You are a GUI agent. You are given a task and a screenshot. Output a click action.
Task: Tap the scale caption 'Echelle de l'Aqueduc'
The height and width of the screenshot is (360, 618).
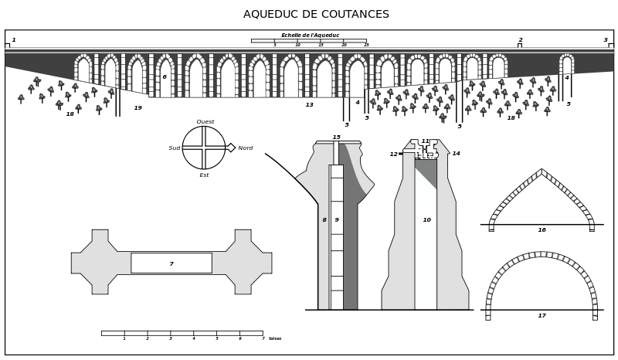(x=310, y=36)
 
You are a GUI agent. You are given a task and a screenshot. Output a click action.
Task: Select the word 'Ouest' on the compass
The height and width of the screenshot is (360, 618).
(x=205, y=122)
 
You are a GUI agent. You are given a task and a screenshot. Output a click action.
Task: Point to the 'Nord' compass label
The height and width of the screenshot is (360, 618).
(x=246, y=148)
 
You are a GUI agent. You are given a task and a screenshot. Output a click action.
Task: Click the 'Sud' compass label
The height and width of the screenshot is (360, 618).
(x=175, y=148)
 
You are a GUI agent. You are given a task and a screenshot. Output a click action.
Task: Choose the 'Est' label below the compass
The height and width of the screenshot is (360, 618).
(x=204, y=175)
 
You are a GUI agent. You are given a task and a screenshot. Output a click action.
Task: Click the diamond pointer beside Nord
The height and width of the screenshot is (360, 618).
(x=230, y=148)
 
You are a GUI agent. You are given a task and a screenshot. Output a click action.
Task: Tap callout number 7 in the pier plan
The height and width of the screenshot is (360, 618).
(x=171, y=264)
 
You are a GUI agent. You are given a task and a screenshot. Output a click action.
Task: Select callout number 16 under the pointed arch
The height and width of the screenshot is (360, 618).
(x=542, y=230)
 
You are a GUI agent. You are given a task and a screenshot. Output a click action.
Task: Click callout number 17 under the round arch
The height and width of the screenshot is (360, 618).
(x=542, y=316)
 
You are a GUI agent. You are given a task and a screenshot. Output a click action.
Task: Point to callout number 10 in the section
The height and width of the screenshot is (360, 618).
(x=426, y=220)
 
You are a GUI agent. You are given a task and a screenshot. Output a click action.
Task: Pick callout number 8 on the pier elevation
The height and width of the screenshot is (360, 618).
(x=324, y=220)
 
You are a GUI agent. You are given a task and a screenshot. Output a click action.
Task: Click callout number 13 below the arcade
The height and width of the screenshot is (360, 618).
(x=309, y=105)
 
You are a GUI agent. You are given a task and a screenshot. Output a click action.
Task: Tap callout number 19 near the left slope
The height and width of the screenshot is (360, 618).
(x=138, y=108)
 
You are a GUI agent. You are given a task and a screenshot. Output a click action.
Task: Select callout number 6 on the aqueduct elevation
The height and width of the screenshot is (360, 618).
(x=165, y=77)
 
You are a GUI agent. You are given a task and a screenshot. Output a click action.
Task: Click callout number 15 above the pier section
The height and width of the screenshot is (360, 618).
(x=336, y=138)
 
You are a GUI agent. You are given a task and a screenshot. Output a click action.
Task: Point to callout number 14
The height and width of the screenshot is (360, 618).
(x=456, y=154)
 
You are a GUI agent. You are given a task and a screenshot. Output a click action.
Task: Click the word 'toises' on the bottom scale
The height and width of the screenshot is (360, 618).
(x=275, y=338)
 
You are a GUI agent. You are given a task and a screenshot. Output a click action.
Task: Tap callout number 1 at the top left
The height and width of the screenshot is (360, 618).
(x=14, y=40)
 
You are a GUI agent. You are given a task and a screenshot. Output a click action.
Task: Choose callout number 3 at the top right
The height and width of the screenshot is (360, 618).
(x=606, y=40)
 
